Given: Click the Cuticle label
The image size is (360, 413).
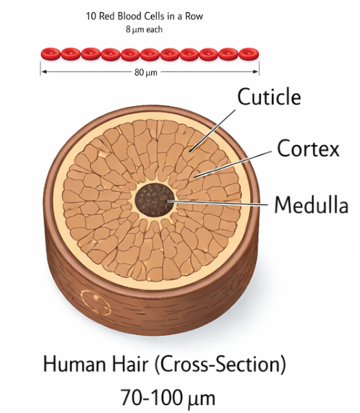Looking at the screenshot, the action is tap(269, 97).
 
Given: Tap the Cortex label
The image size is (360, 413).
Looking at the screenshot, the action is tap(308, 148).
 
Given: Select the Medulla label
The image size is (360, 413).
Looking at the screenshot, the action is tap(312, 204).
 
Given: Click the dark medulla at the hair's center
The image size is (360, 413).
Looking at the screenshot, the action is tap(155, 199).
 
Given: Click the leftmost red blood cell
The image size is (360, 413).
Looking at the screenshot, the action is tap(51, 54).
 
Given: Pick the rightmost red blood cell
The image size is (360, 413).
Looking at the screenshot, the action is tap(249, 54).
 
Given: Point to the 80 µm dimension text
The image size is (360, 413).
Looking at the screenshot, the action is tap(146, 72).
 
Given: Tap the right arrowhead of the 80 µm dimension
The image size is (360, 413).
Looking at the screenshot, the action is tap(256, 71).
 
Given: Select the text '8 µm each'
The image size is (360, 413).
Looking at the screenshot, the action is tap(144, 29).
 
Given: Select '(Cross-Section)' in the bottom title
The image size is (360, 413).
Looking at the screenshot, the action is tap(220, 365).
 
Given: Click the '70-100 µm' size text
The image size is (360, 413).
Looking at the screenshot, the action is tap(168, 397).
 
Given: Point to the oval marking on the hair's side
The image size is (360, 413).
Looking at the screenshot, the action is tap(95, 303).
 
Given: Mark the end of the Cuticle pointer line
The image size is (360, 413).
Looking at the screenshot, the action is tap(189, 152).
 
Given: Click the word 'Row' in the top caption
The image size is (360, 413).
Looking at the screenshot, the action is tap(194, 17).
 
